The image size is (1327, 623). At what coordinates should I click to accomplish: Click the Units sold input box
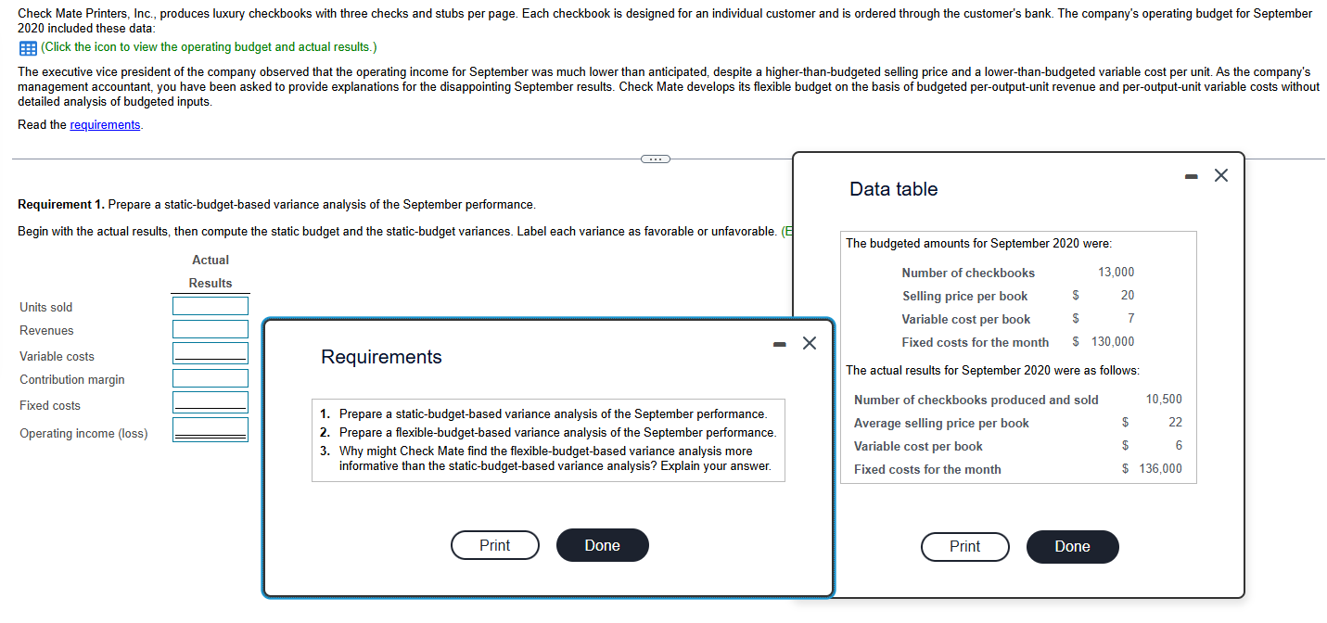coord(210,306)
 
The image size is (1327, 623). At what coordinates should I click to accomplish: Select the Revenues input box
coord(210,329)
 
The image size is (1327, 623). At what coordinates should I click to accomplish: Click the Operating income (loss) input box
coord(210,430)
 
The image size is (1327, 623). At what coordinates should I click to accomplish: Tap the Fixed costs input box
coord(210,402)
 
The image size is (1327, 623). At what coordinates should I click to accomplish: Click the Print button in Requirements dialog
coord(494,545)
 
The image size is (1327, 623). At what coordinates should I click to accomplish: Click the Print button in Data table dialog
coord(964,546)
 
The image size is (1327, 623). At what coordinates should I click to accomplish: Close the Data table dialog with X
coord(1220,175)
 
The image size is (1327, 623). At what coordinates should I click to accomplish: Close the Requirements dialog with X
coord(809,344)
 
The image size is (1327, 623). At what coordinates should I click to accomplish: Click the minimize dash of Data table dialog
coord(1193,176)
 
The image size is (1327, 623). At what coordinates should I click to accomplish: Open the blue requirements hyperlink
coord(105,125)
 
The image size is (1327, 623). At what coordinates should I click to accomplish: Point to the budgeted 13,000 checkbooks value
coord(1116,273)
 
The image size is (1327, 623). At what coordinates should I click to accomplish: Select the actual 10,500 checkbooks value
coord(1164,400)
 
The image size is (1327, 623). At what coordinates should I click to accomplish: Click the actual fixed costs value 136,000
coord(1160,469)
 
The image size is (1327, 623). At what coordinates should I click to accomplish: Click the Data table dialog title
coord(893,189)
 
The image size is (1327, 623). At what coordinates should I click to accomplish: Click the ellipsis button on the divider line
coord(655,159)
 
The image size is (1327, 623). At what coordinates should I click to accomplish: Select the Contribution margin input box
coord(210,378)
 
